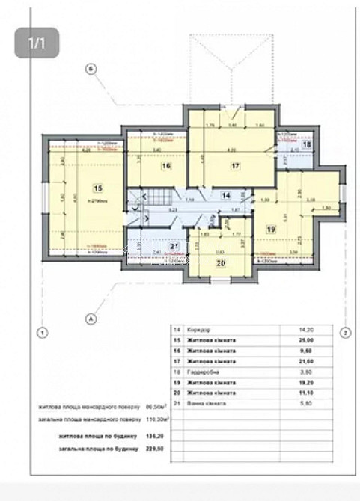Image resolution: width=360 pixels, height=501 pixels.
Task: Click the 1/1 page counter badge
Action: [x=37, y=43]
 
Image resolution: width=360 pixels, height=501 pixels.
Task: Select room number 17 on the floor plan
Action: [x=235, y=166]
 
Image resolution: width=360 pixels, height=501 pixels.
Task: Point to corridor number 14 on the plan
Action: [x=226, y=195]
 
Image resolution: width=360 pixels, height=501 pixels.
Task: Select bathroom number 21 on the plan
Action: [x=173, y=248]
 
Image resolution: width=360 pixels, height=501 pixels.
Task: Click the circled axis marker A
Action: [x=91, y=319]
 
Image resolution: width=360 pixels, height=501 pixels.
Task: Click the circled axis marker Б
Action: [x=91, y=70]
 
